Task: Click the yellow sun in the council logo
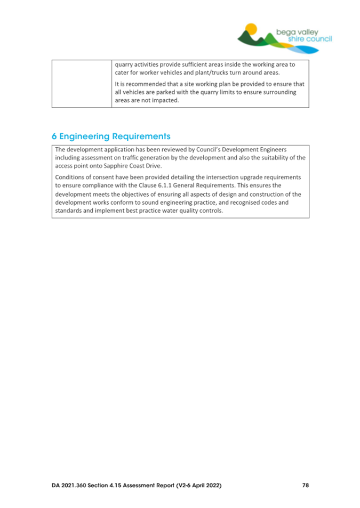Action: [251, 28]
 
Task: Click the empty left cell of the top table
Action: [81, 84]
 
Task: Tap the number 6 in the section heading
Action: [54, 136]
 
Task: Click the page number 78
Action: [305, 486]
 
